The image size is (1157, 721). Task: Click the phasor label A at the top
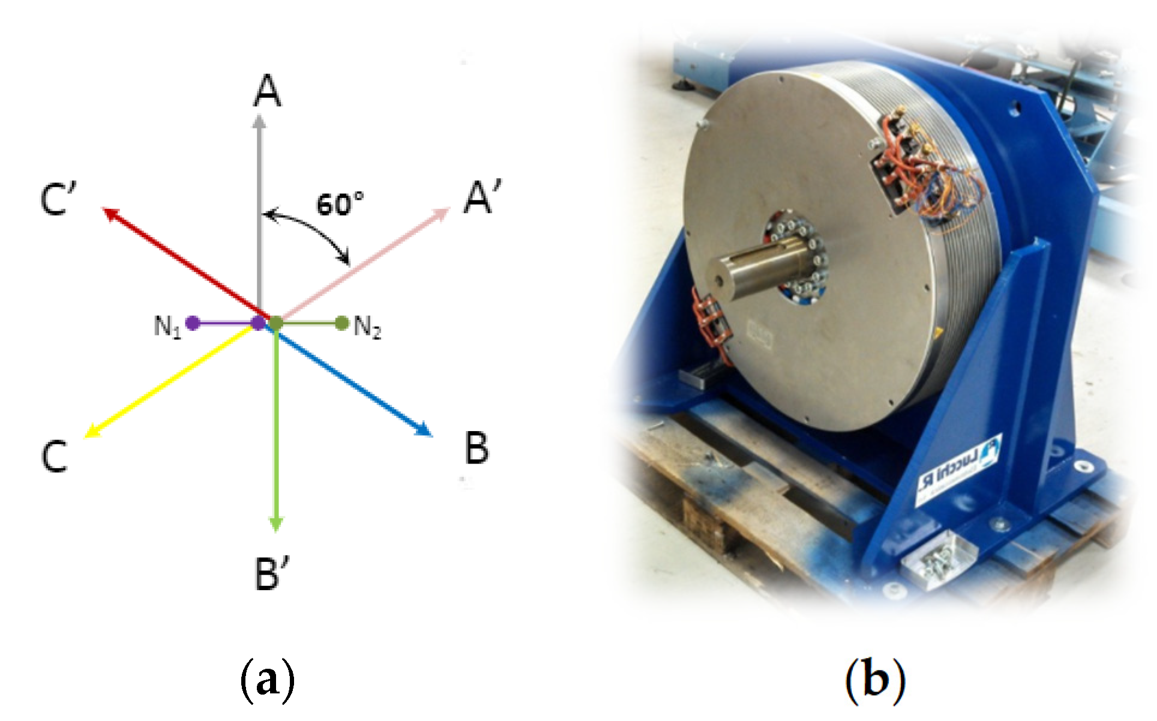(x=268, y=92)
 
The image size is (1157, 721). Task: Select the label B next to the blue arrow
(x=477, y=448)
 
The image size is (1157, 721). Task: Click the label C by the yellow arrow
(x=54, y=456)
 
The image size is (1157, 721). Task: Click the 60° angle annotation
(x=340, y=204)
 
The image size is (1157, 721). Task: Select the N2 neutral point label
(x=367, y=327)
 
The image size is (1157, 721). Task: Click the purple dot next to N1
(x=193, y=323)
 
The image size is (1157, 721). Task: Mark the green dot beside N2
(x=342, y=324)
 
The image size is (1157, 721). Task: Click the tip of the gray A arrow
(x=259, y=120)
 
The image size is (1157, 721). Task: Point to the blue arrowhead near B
(x=425, y=430)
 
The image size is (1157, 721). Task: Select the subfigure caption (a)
(x=268, y=680)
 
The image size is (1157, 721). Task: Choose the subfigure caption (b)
(x=875, y=680)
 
